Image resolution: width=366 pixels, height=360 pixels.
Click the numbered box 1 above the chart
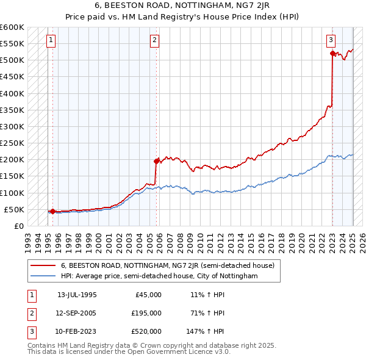click(50, 40)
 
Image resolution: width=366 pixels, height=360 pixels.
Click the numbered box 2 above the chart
click(154, 40)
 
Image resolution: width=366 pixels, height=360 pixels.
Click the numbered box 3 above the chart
click(331, 40)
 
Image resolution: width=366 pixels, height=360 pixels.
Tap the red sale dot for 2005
click(157, 161)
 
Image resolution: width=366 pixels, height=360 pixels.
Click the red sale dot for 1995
click(52, 212)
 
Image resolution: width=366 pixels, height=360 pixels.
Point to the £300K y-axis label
click(12, 127)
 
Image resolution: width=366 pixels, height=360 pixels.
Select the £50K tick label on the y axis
click(15, 210)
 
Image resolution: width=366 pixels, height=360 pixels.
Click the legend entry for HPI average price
click(159, 276)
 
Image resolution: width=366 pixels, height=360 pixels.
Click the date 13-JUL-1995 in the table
click(77, 294)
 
